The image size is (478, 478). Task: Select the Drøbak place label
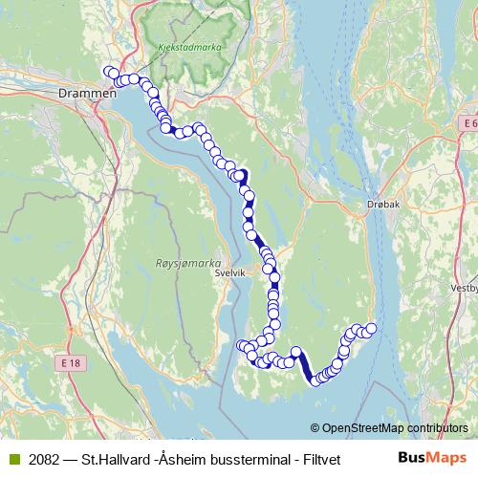click(382, 205)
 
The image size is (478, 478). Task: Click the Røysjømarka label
click(187, 261)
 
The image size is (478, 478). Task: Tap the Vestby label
click(463, 286)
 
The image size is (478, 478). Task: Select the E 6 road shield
click(467, 124)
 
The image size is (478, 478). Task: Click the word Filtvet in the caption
click(323, 458)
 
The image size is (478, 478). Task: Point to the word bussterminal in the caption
click(250, 458)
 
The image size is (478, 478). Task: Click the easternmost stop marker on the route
click(371, 329)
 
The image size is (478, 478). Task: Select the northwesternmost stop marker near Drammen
click(109, 73)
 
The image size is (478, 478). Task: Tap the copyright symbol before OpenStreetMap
click(315, 428)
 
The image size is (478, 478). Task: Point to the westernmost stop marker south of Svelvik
click(241, 345)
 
